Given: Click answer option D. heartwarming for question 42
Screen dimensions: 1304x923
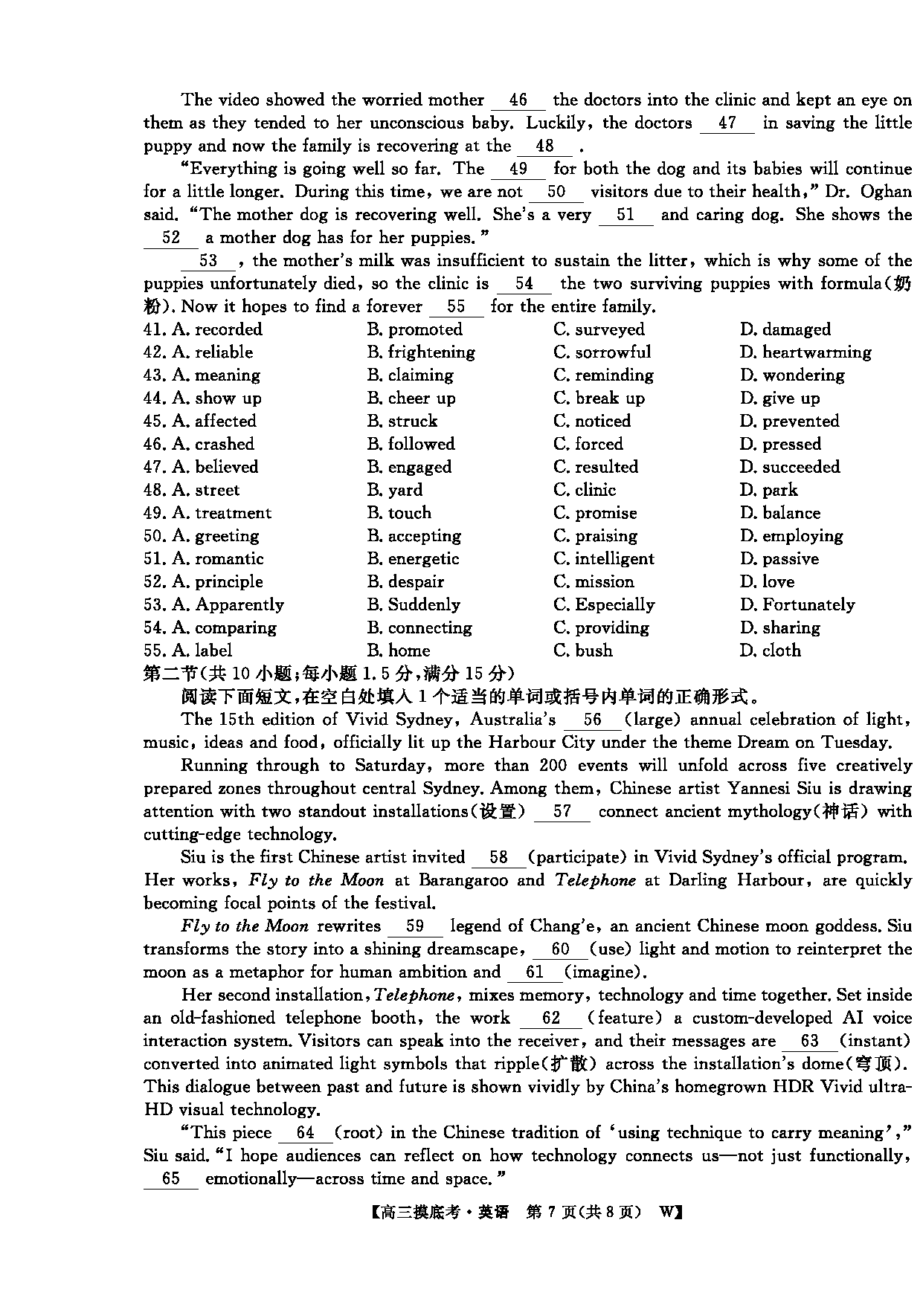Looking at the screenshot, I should click(x=805, y=352).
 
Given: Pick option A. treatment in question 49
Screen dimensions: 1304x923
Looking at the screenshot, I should click(x=222, y=513).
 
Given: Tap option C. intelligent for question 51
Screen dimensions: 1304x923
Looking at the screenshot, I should click(x=604, y=559).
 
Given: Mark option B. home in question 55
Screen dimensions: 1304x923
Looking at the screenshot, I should click(x=399, y=651).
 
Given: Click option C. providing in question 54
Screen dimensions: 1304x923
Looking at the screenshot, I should click(x=601, y=628).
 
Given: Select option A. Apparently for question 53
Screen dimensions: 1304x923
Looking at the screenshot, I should click(x=228, y=605).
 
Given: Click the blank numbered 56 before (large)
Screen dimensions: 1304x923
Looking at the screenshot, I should click(x=592, y=720).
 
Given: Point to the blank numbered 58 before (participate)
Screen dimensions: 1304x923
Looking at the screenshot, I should click(x=498, y=857).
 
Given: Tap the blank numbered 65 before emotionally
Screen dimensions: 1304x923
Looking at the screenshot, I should click(x=170, y=1179).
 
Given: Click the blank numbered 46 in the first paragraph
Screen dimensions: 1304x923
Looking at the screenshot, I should click(x=518, y=100).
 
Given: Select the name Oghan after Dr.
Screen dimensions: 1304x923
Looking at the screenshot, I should click(x=886, y=192).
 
